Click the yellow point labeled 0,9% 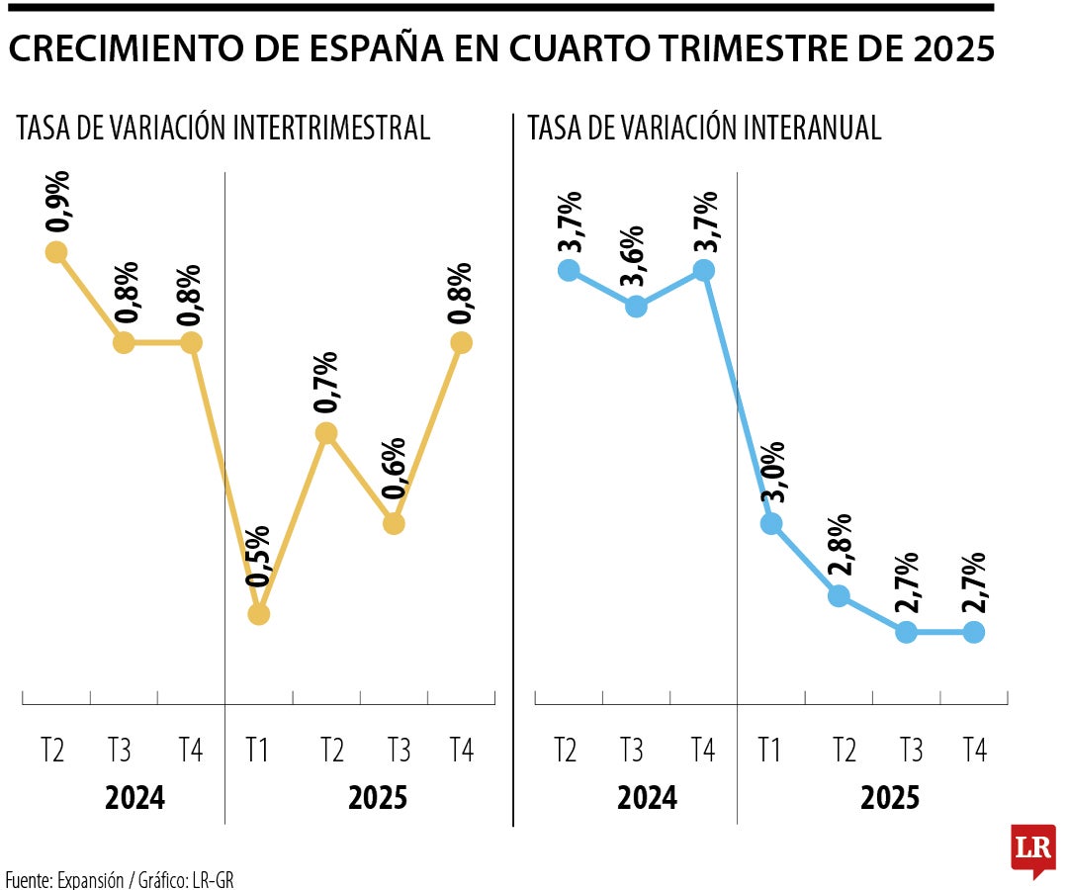point(55,252)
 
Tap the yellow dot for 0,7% point(326,433)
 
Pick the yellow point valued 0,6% point(394,523)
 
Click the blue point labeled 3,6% point(637,307)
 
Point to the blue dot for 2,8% point(839,595)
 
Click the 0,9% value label point(58,203)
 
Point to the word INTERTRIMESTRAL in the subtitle point(333,129)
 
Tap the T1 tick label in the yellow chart point(258,751)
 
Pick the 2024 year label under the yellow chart point(134,797)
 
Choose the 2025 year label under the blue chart point(890,797)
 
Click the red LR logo point(1032,849)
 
